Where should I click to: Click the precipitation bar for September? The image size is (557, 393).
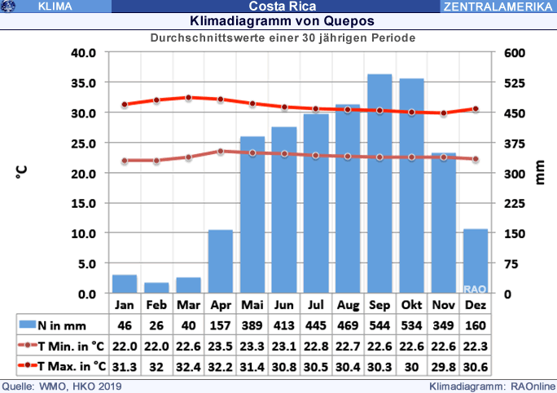tap(379, 183)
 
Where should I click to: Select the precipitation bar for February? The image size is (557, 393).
tap(156, 288)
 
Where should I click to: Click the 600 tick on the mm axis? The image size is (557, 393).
tap(519, 53)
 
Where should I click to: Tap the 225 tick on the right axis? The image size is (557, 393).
tap(519, 203)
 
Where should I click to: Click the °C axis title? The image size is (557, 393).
tap(23, 173)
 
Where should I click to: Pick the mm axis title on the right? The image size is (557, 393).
tap(539, 173)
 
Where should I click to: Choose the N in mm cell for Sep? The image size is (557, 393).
tap(379, 325)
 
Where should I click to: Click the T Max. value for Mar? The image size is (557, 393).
tap(188, 364)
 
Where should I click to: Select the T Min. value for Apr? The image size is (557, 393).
tap(220, 345)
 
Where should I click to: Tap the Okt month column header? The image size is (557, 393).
tap(411, 305)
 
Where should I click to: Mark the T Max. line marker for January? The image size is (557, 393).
tap(125, 104)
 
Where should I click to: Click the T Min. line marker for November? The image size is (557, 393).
tap(443, 157)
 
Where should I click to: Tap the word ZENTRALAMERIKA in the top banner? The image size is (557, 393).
tap(498, 7)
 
